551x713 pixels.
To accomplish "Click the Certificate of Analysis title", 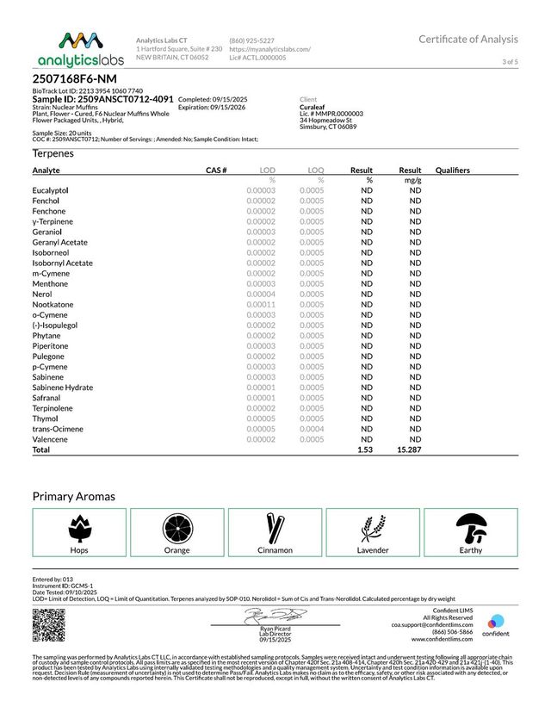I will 468,39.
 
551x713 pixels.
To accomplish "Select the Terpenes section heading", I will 53,153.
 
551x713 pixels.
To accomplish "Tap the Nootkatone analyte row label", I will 53,305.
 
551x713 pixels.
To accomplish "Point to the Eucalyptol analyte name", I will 51,189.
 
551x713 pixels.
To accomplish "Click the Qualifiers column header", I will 453,170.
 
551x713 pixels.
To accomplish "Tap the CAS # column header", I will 216,170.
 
